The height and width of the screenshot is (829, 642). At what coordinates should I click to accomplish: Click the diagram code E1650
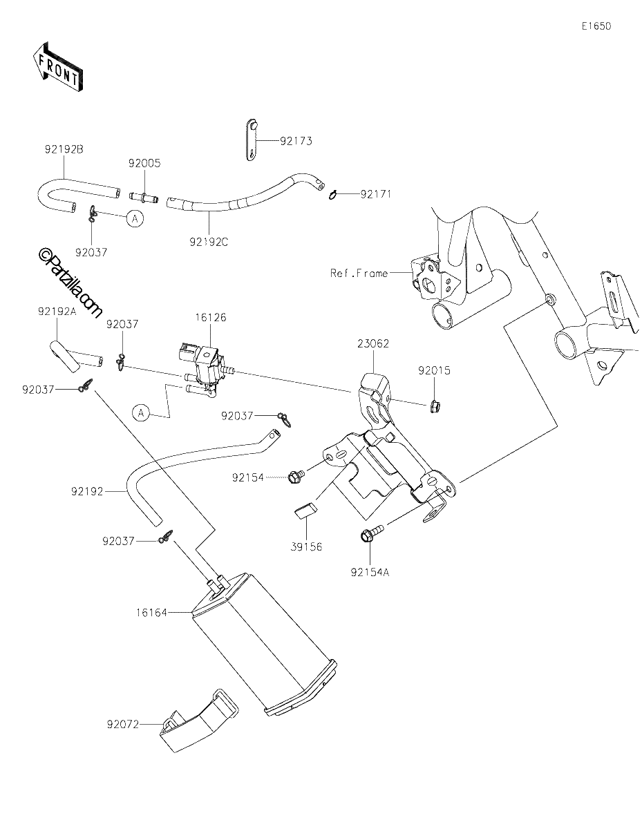[596, 26]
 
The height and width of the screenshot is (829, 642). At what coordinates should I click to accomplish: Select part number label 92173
[296, 141]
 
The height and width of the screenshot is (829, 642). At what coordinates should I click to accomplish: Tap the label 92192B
[64, 149]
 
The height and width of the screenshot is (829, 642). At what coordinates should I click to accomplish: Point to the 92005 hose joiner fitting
[144, 198]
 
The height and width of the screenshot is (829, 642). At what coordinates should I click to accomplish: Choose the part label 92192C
[209, 242]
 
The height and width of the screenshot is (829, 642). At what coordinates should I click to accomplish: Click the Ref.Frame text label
[359, 273]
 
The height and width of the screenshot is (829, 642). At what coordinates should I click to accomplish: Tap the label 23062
[373, 344]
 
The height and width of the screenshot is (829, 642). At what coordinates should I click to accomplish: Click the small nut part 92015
[433, 407]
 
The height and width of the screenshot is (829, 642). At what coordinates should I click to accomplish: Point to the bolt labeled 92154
[296, 476]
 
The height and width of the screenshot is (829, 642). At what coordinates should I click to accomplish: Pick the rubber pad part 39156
[305, 510]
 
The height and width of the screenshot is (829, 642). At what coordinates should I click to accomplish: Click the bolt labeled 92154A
[371, 532]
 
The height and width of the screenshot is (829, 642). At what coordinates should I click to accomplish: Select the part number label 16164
[152, 613]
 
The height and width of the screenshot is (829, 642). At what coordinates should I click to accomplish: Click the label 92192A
[57, 312]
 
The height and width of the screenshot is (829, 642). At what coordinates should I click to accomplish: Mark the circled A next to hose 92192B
[135, 218]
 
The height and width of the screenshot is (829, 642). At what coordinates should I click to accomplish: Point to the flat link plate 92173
[251, 140]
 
